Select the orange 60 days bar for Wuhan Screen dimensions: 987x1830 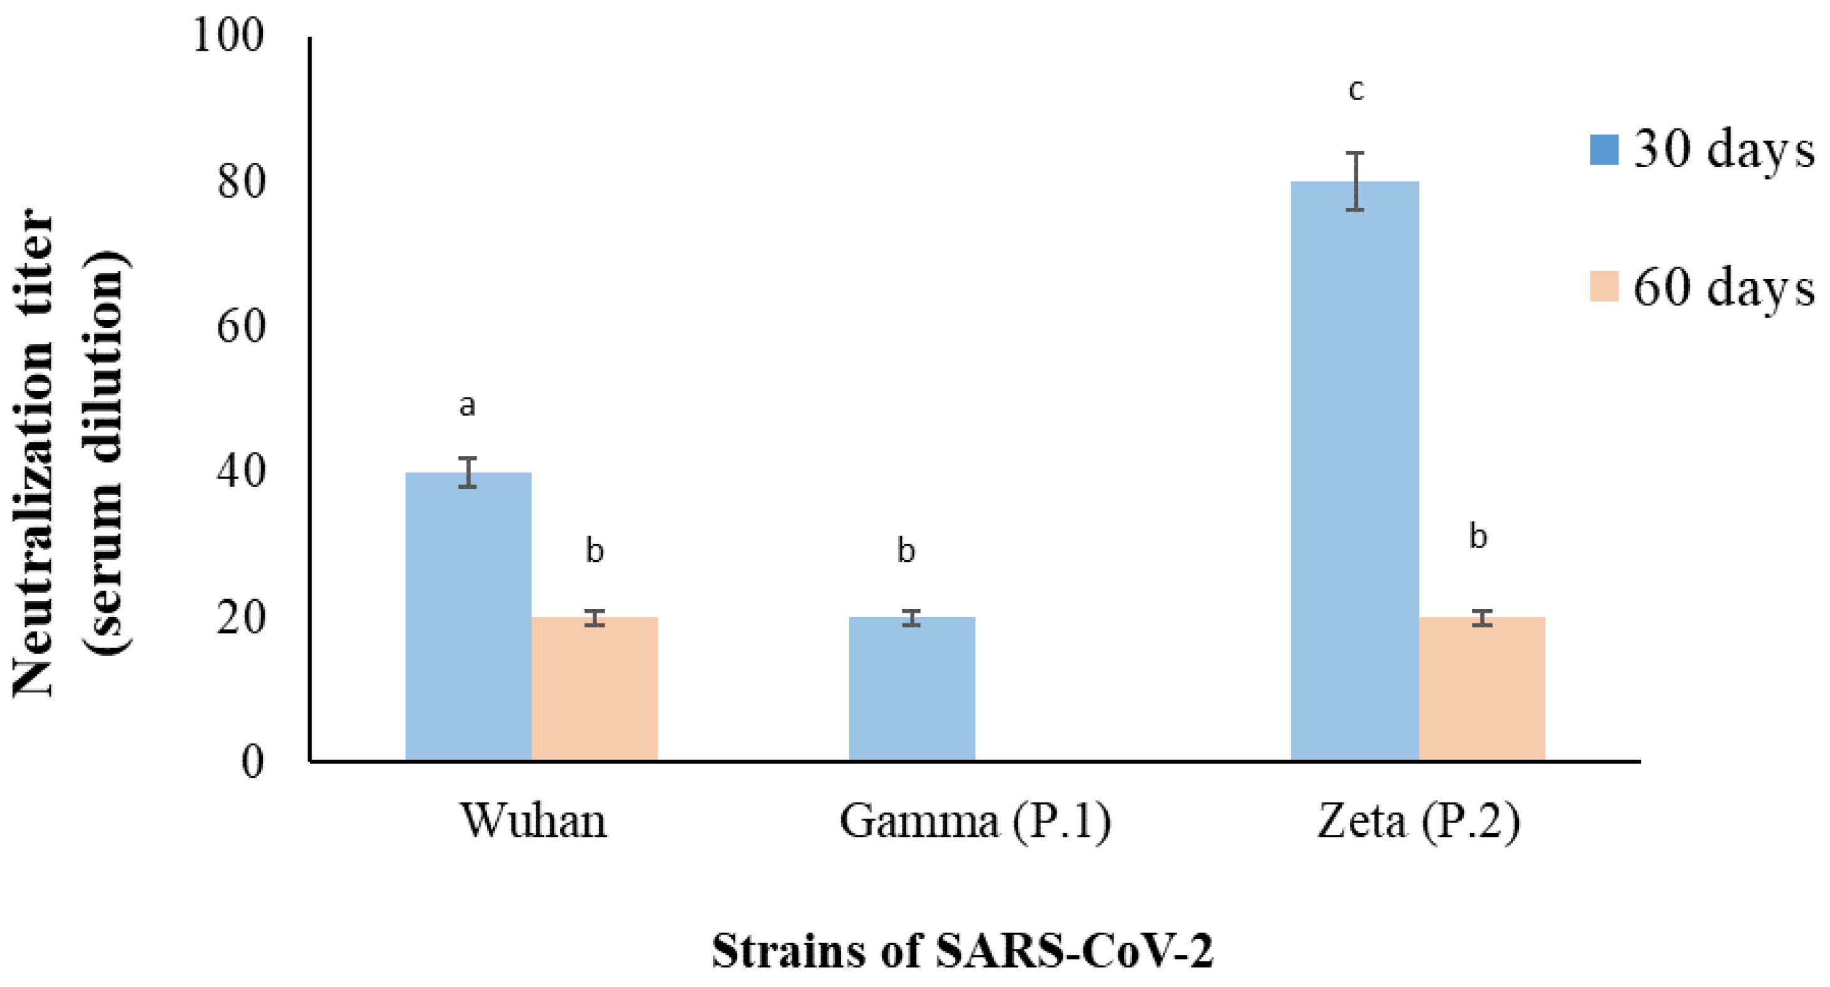point(595,688)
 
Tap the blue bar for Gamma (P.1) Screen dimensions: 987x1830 point(911,688)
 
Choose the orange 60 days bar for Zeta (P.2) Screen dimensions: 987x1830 point(1482,688)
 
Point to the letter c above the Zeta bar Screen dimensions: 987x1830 point(1356,91)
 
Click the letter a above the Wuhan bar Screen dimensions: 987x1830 point(467,406)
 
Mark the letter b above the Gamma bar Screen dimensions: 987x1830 point(906,551)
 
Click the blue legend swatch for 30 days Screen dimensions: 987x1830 point(1604,150)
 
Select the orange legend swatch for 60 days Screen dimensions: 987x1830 point(1604,287)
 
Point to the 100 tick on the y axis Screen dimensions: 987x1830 point(228,36)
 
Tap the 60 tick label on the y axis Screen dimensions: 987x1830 point(241,327)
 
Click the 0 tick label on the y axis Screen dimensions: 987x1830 point(252,762)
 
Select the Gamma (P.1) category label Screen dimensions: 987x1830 point(974,821)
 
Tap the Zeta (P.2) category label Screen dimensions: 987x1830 point(1418,821)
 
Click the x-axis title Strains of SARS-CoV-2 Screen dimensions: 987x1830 point(963,950)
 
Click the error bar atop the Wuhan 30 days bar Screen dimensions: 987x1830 point(468,472)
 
